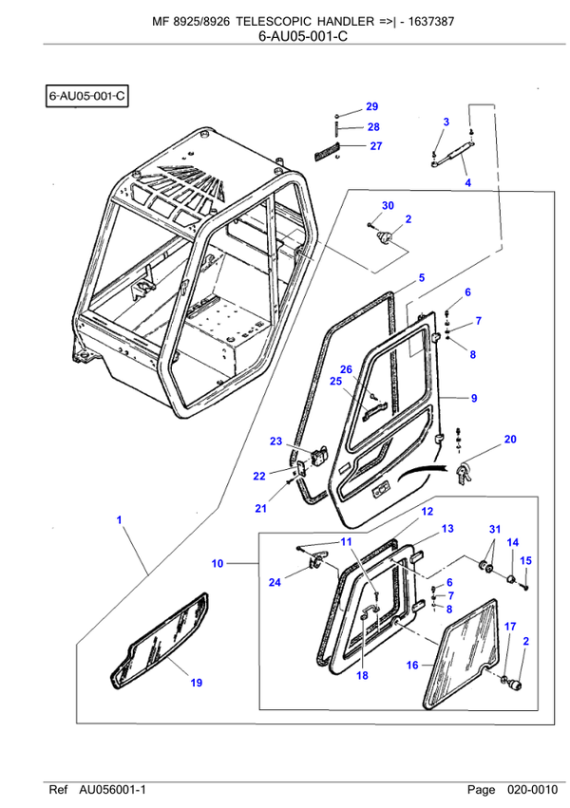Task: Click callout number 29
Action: [x=372, y=106]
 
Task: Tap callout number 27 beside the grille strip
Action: [x=376, y=146]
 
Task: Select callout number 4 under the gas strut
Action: [x=468, y=182]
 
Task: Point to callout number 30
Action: [x=388, y=206]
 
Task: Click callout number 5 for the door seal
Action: [x=422, y=278]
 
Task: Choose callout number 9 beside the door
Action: [x=474, y=399]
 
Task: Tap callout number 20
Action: [x=510, y=439]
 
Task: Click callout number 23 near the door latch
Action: [x=276, y=442]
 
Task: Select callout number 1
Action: [x=119, y=520]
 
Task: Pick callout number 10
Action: [x=218, y=564]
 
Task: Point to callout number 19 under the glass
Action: [x=197, y=683]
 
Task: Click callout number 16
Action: [x=412, y=666]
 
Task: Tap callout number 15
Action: [x=525, y=560]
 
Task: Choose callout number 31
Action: [x=495, y=529]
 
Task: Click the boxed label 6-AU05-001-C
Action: [x=87, y=96]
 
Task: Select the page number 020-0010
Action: [x=532, y=790]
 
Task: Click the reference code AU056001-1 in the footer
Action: [x=112, y=790]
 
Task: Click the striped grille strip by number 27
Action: [x=326, y=150]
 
